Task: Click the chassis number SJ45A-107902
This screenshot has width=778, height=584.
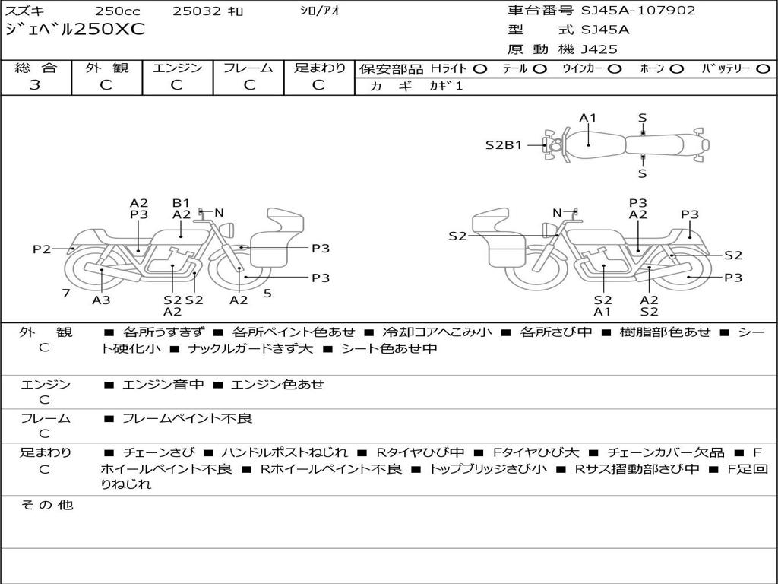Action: tap(638, 11)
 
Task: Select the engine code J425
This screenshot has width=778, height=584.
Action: tap(599, 49)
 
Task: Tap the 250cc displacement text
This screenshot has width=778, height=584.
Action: tap(118, 11)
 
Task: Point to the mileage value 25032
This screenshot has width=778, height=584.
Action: tap(196, 11)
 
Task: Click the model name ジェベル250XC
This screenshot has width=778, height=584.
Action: tap(75, 29)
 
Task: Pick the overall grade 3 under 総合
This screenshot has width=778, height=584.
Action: tap(35, 84)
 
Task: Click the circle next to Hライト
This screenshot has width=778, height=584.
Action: tap(480, 69)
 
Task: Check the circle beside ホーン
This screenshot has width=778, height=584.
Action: tap(677, 69)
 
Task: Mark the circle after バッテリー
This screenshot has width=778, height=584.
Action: tap(763, 69)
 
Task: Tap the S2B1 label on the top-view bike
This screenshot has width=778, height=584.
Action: tap(504, 145)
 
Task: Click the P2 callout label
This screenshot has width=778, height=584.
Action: tap(42, 249)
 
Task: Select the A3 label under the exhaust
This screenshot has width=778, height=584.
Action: tap(101, 300)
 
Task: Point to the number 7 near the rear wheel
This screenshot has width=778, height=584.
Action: tap(66, 293)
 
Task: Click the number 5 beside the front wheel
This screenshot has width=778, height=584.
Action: tap(267, 293)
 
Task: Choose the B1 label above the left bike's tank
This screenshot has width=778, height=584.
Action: tap(181, 202)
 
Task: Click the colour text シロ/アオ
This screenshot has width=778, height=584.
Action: tap(320, 11)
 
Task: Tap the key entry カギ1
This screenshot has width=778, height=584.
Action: tap(446, 86)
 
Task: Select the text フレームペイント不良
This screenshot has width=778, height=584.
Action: tap(187, 418)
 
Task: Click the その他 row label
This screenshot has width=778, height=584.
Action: tap(46, 505)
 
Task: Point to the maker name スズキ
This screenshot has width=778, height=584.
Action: tap(24, 11)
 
